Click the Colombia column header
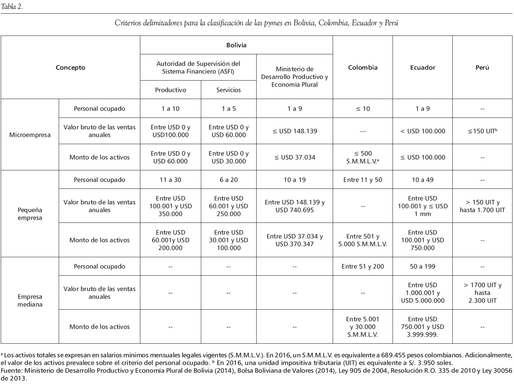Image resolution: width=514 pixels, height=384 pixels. [x=363, y=67]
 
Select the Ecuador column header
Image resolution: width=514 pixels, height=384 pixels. [x=422, y=67]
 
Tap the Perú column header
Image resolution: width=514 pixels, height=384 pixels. [x=482, y=67]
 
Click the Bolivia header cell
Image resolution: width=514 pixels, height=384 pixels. [x=236, y=45]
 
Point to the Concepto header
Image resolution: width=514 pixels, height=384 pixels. [x=70, y=67]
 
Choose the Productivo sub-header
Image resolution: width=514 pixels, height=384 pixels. [x=170, y=90]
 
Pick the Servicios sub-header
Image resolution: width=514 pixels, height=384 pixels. [x=229, y=90]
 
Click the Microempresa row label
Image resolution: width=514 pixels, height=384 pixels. [x=30, y=135]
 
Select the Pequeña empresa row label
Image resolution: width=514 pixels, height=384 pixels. [x=30, y=214]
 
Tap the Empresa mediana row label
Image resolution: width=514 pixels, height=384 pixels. [x=30, y=300]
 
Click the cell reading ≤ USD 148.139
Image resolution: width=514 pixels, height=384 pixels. [x=295, y=131]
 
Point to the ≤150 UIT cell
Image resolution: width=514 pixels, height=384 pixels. [x=482, y=131]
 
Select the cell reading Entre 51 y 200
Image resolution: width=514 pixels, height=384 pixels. [x=363, y=266]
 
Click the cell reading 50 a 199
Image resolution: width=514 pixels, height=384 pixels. [x=422, y=266]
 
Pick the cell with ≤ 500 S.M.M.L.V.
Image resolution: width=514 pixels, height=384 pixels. [x=363, y=157]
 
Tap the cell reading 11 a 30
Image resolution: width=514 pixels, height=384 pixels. [x=170, y=180]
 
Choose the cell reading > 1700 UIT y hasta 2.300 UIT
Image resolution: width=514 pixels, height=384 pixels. [x=482, y=293]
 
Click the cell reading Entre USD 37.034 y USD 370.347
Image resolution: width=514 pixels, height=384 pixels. [x=295, y=240]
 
